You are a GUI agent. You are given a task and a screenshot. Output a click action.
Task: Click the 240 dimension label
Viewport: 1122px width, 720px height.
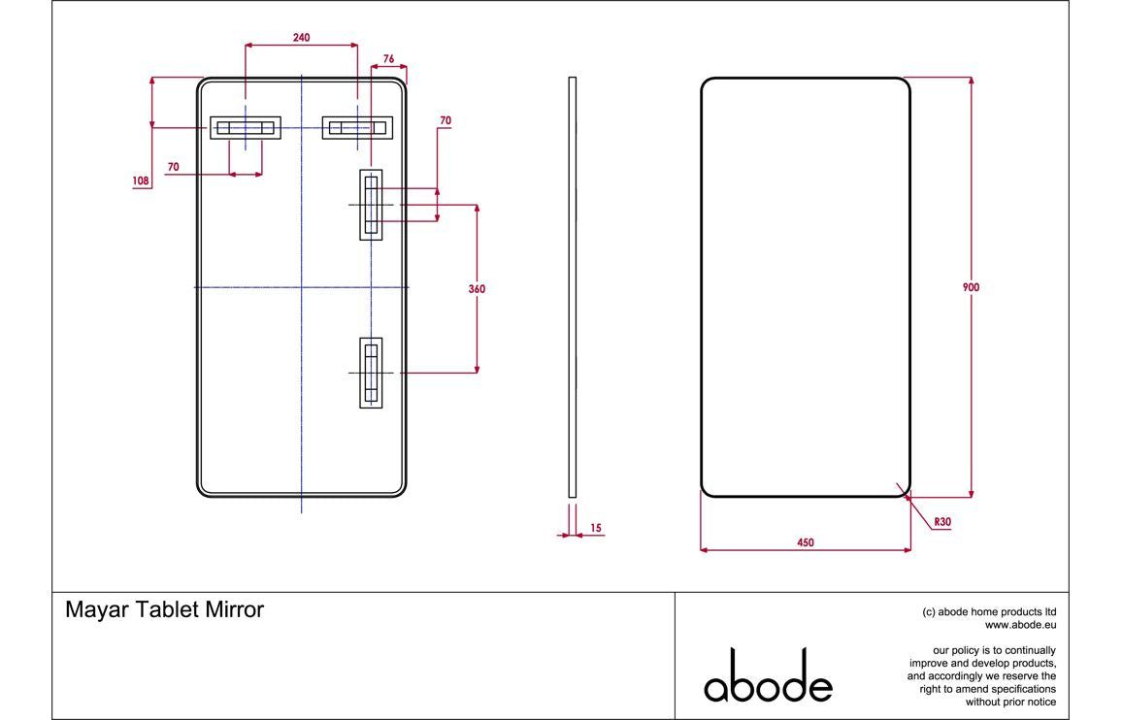coord(301,37)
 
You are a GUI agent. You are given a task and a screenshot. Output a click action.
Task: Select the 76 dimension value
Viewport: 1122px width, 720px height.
coord(388,58)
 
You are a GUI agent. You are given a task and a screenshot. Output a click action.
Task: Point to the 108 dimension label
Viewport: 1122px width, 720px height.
coord(142,180)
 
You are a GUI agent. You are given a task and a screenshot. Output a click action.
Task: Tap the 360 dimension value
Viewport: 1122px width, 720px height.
coord(477,288)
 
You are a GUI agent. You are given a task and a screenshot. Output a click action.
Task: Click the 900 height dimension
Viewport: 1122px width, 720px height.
coord(971,287)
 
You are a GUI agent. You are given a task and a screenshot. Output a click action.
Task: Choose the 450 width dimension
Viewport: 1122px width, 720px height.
coord(805,543)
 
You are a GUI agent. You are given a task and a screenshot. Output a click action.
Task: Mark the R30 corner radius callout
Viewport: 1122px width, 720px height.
coord(941,522)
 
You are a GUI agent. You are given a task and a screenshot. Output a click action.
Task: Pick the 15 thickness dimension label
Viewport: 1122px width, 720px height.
coord(595,528)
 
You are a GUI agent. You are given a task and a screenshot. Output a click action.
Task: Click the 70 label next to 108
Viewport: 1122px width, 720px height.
coord(173,167)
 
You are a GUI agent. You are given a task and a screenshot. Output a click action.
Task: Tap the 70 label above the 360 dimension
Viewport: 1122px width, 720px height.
coord(445,120)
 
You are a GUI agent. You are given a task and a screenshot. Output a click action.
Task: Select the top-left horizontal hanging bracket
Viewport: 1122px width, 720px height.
coord(246,128)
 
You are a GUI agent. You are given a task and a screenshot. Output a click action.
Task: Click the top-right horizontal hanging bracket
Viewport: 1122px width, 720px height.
coord(358,128)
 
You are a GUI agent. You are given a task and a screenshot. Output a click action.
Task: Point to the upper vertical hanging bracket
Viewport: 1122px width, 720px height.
coord(371,205)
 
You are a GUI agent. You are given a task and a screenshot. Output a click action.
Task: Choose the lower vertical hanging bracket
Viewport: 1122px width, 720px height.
coord(371,373)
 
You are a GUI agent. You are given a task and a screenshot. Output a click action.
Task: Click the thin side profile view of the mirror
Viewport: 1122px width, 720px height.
coord(572,287)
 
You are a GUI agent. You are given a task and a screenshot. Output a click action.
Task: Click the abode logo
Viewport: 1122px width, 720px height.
coord(768,675)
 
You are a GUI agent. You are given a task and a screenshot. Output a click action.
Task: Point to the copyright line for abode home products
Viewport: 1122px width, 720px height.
coord(989,612)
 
